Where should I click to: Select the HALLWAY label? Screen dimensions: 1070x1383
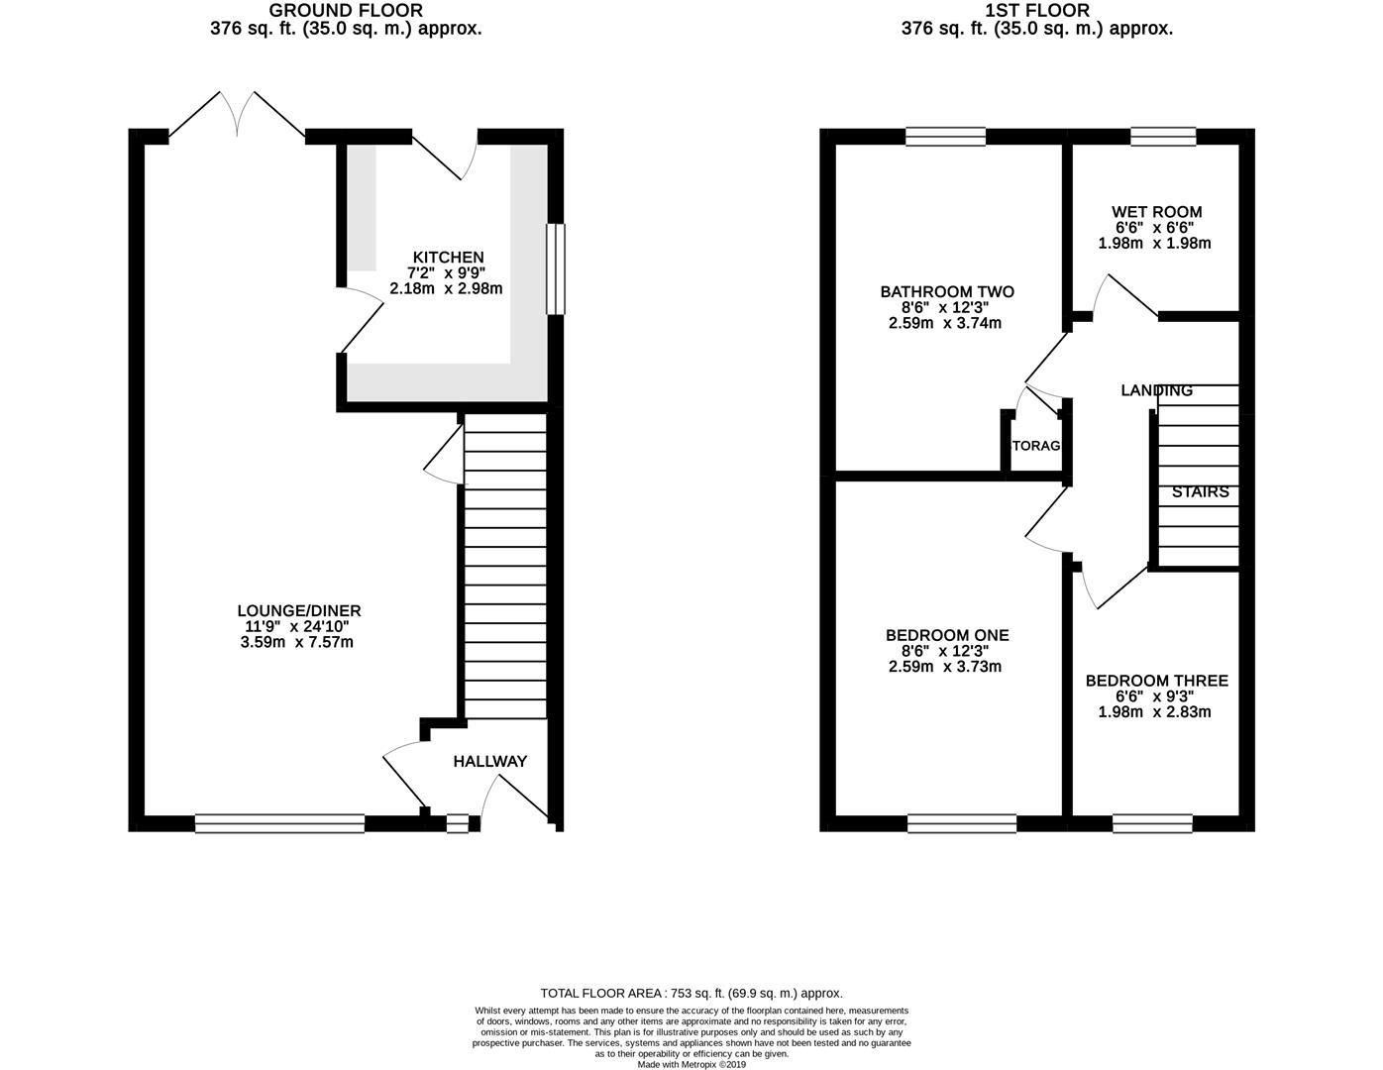coord(489,762)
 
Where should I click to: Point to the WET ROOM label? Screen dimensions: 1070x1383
coord(1156,212)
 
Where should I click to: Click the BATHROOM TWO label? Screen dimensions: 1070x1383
coord(947,292)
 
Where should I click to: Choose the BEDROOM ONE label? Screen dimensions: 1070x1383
coord(947,636)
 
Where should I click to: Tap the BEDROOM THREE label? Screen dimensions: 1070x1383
coord(1156,681)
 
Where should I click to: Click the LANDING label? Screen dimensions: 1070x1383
coord(1156,390)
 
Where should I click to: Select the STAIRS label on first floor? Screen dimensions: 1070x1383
coord(1200,492)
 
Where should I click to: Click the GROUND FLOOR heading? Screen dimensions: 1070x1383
coord(346,11)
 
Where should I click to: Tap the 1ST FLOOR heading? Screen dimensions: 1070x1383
coord(1036,11)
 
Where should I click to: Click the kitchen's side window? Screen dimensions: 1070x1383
coord(556,269)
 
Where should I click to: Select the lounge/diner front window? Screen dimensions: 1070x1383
coord(280,822)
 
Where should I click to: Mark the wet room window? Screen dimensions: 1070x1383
coord(1163,137)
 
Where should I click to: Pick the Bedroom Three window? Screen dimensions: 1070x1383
coord(1152,822)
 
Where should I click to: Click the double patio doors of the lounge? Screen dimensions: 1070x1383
coord(237,117)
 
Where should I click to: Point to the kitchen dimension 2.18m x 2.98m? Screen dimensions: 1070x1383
coord(448,289)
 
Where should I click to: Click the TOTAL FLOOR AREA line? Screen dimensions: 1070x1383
coord(691,993)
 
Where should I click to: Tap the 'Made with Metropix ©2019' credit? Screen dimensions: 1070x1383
coord(691,1065)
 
